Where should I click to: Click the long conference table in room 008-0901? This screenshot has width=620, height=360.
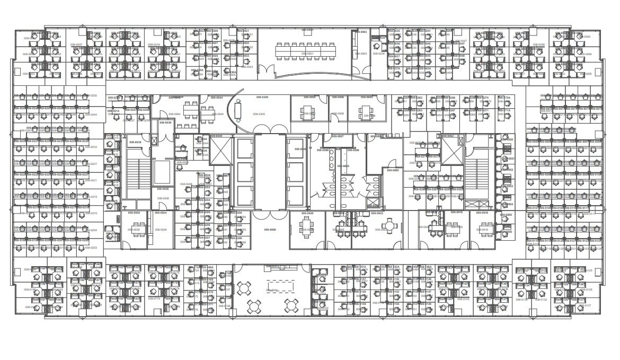click(305, 50)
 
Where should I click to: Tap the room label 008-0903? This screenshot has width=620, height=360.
click(361, 54)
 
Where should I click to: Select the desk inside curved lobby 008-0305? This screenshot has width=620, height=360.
click(237, 110)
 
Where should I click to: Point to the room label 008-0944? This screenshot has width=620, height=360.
click(217, 114)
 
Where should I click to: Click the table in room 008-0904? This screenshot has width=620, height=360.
click(307, 112)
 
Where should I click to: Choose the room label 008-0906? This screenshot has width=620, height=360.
click(338, 113)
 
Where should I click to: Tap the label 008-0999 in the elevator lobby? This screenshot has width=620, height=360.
click(270, 230)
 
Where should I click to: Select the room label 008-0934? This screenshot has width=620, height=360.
click(161, 230)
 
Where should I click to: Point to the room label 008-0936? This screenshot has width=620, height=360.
click(162, 198)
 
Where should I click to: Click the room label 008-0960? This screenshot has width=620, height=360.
click(392, 170)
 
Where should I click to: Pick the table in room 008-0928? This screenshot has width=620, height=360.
click(306, 225)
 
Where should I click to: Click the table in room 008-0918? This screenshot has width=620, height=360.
click(453, 228)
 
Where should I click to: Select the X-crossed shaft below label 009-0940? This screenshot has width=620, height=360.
click(219, 152)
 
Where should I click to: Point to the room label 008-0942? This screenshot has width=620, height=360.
click(174, 114)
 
